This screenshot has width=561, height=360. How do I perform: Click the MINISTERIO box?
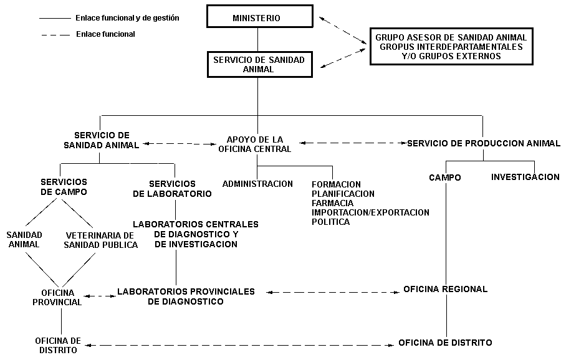pos(257,18)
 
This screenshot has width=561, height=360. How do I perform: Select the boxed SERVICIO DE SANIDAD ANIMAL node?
pos(258,64)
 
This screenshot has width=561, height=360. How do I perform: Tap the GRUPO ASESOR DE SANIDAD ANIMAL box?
pos(451,47)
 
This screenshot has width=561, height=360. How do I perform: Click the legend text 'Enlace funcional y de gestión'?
pos(127,18)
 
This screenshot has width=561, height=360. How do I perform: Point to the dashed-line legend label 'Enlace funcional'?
pos(105,34)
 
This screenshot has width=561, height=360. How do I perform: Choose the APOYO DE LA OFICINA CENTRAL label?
pos(254,144)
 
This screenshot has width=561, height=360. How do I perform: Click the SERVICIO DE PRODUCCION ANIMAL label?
pos(484,143)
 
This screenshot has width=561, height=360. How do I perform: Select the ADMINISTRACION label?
pos(257,184)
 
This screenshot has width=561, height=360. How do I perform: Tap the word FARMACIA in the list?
pos(332,203)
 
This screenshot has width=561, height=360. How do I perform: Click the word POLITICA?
pos(330,222)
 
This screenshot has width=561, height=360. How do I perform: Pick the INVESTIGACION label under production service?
pos(525,177)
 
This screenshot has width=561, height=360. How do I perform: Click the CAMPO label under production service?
pos(445,178)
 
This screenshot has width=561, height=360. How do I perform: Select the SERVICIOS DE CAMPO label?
pos(64,187)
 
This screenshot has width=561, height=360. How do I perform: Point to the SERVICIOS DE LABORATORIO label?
pos(173,189)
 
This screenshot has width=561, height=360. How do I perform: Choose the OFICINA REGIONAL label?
pos(445,289)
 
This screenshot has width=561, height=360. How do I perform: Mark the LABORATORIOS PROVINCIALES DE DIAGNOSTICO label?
pos(186,296)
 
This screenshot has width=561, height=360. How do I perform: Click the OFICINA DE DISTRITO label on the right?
pos(445,343)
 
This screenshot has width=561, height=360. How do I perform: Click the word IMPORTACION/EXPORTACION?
pos(370,212)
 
